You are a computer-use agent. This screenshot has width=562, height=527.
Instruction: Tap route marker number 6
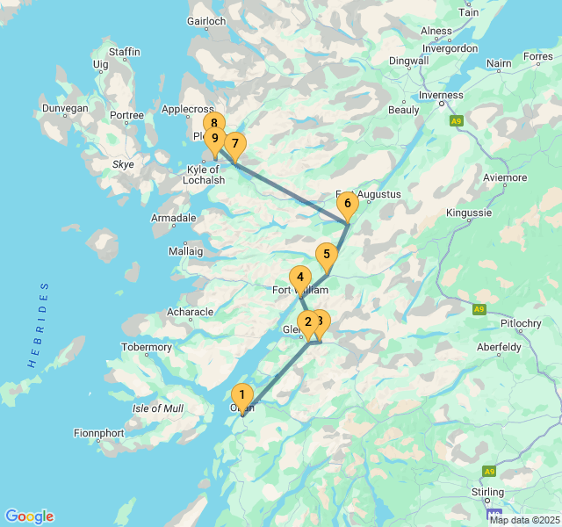[x=347, y=205]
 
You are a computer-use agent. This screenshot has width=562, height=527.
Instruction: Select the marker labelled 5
[x=326, y=255]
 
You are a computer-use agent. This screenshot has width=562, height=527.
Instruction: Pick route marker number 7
[x=234, y=144]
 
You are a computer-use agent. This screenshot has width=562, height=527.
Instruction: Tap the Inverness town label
[x=441, y=95]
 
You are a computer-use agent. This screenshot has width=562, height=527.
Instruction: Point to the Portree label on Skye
[x=126, y=116]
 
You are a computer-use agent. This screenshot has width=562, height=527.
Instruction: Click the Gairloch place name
[x=206, y=22]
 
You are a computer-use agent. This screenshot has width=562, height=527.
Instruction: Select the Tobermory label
[x=147, y=347]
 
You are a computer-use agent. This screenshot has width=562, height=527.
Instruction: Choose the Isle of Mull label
[x=158, y=408]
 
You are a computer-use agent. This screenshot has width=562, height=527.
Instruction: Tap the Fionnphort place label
[x=99, y=433]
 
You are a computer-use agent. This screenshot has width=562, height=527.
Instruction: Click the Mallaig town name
[x=184, y=250]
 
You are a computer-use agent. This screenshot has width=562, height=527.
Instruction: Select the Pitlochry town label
[x=521, y=323]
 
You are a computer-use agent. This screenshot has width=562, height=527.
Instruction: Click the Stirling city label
[x=487, y=492]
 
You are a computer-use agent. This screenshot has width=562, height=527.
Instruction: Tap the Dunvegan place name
[x=65, y=108]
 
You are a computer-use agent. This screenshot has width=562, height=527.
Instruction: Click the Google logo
[x=29, y=516]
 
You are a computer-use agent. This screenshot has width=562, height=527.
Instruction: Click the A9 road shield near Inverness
[x=455, y=121]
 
